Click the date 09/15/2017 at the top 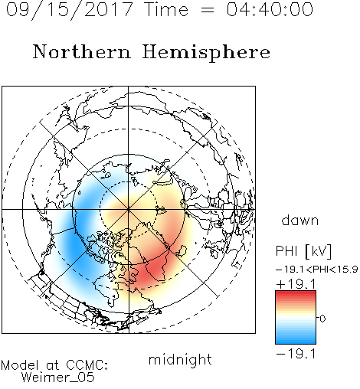69,10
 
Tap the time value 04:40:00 270,9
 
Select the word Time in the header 166,9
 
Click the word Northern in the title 82,51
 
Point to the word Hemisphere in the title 206,53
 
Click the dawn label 300,220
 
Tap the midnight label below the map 180,360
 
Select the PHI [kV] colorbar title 303,251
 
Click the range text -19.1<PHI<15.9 316,270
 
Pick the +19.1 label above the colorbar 296,284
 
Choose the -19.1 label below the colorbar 296,354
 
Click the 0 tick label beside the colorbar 322,319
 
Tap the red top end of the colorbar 296,293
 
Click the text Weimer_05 58,378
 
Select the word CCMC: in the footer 87,365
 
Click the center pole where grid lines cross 129,210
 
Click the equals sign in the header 208,10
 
